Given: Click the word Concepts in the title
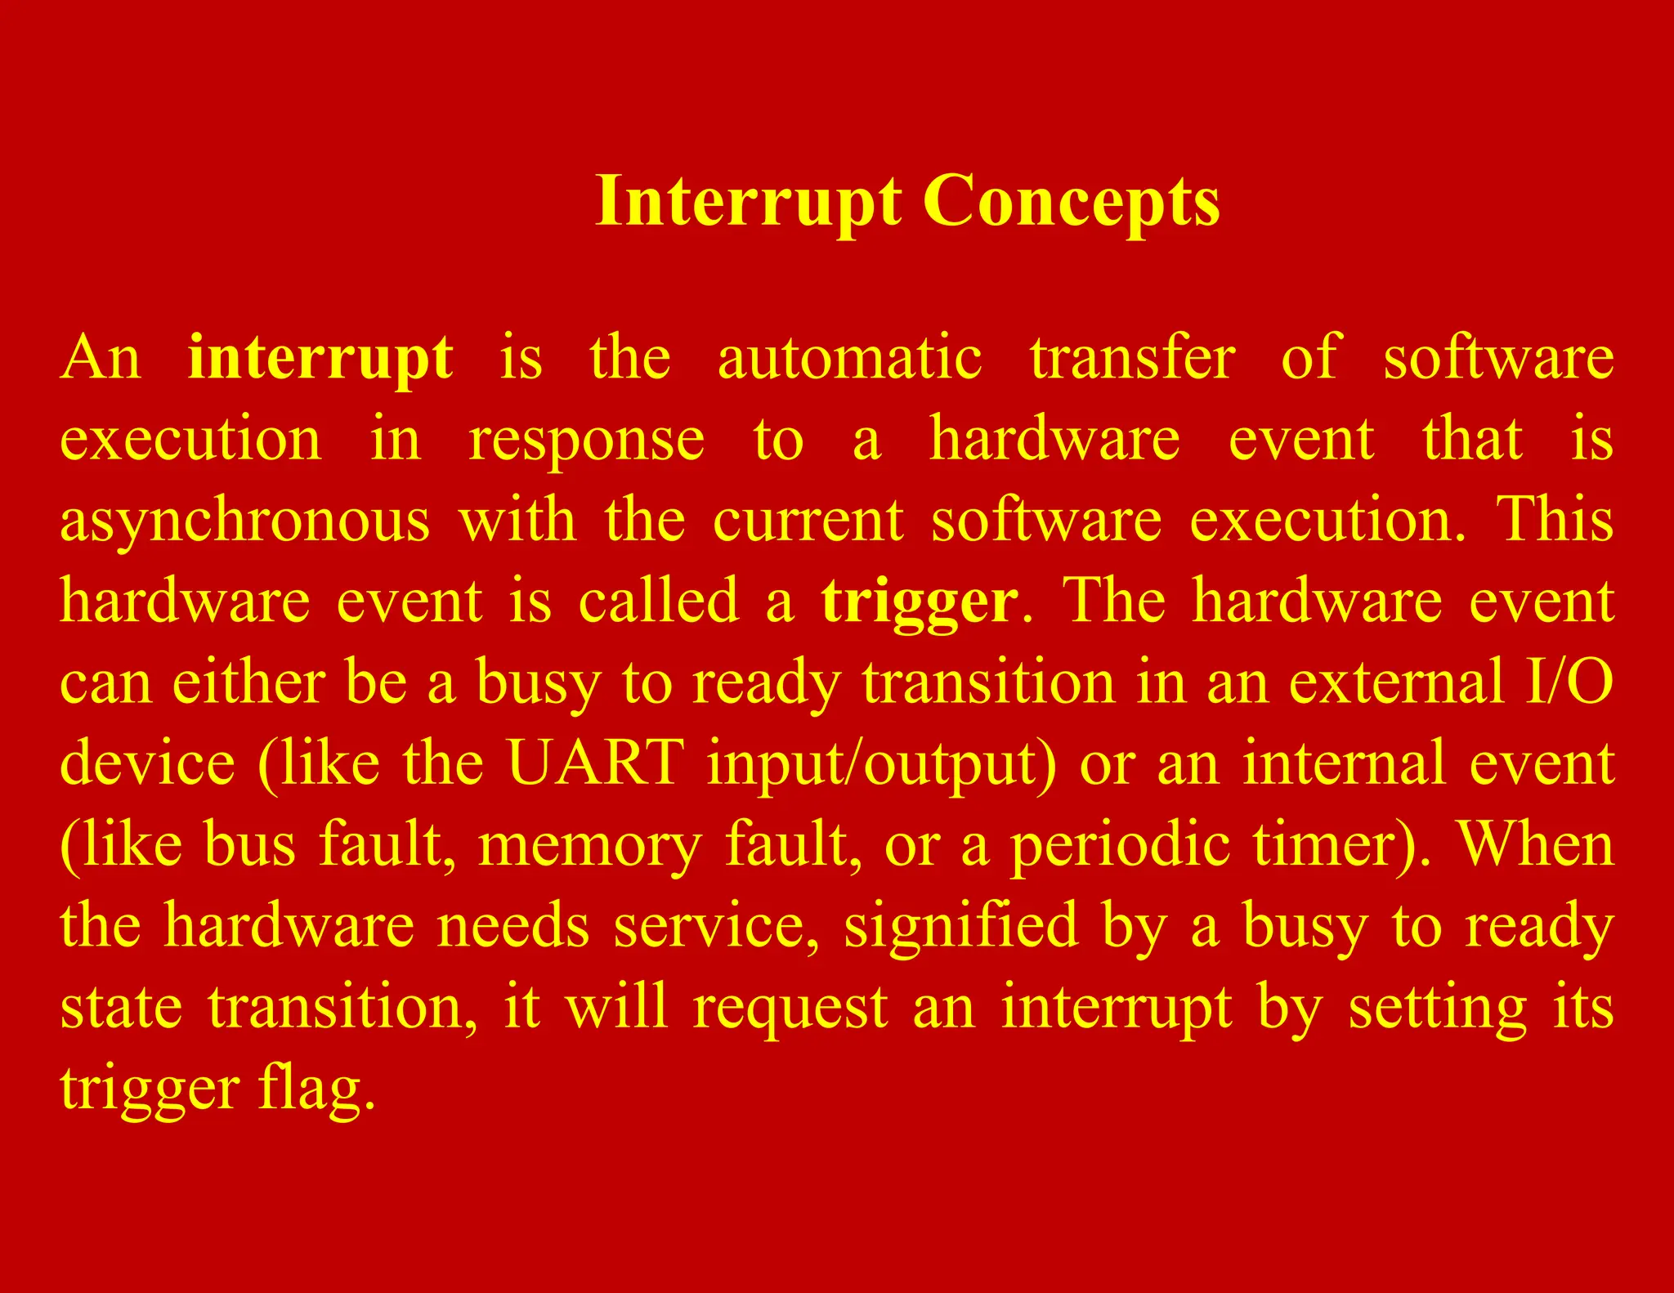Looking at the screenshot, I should point(1072,201).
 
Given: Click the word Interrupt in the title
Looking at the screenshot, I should point(749,201).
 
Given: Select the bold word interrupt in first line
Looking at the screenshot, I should point(320,358).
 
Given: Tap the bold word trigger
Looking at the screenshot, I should point(920,601).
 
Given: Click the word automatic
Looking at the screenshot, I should point(849,358).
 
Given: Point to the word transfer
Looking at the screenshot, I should point(1132,358).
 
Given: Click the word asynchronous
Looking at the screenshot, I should point(244,521).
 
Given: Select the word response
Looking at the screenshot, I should point(586,440).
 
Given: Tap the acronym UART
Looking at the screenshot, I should point(595,763).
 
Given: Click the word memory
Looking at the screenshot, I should point(589,845).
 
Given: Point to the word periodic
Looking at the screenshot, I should point(1120,845).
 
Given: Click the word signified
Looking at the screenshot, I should point(960,926).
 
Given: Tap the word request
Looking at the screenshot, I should point(790,1008).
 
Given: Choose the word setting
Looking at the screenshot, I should point(1437,1008).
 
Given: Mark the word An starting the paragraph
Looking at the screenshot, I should point(100,358).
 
